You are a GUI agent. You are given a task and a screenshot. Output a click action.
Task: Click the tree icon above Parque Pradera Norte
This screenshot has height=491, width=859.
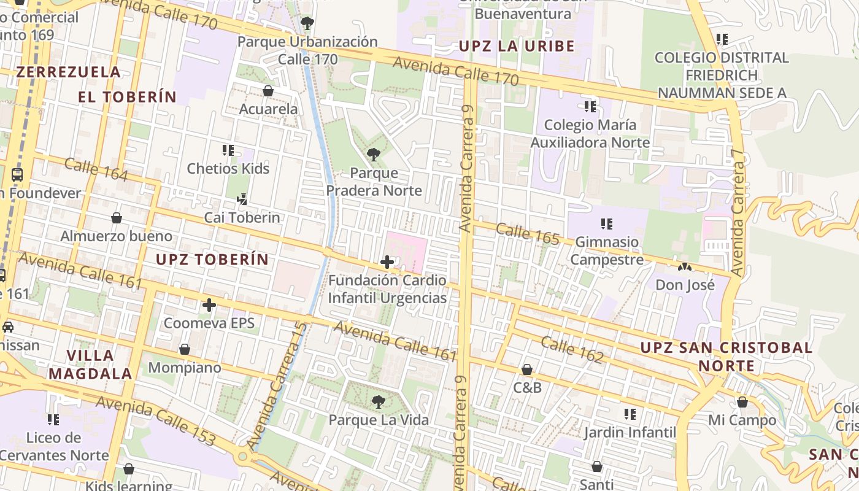(373, 154)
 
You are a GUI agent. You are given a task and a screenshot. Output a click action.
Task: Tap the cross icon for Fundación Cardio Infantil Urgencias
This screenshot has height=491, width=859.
(387, 262)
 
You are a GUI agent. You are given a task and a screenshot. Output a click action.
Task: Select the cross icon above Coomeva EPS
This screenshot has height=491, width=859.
(209, 304)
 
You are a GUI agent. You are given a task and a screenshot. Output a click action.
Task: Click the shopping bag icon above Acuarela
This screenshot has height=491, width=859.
(268, 91)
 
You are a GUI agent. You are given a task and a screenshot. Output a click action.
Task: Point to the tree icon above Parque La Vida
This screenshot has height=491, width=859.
(379, 402)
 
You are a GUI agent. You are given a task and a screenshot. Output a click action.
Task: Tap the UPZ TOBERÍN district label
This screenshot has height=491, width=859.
(212, 259)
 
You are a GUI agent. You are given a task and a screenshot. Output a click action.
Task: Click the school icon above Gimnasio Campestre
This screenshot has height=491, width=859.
(607, 223)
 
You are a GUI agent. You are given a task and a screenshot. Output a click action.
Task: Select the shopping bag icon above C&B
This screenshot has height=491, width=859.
(526, 369)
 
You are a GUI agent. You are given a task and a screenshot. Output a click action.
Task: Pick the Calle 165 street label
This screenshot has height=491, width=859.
(528, 234)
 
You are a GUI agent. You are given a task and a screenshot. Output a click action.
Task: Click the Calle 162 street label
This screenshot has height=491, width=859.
(572, 349)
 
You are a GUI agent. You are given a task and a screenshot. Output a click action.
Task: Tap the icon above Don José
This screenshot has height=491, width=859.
(685, 267)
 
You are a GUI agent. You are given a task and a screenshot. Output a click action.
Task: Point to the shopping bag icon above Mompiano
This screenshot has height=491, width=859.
(185, 349)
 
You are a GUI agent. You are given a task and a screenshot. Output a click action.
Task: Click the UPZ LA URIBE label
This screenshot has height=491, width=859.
(517, 46)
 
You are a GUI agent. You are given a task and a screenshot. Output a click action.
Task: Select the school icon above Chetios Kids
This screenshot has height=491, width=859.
(228, 150)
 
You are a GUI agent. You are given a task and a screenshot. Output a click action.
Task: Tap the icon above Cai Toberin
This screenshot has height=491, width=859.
(242, 199)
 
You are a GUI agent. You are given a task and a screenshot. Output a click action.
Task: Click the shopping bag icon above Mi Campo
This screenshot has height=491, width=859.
(742, 402)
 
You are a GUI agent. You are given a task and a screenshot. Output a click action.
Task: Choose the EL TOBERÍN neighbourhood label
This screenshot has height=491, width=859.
(127, 97)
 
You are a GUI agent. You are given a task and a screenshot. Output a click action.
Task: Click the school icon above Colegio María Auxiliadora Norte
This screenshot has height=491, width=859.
(590, 107)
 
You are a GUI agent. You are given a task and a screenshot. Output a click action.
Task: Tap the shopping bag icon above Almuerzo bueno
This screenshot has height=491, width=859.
(116, 218)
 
